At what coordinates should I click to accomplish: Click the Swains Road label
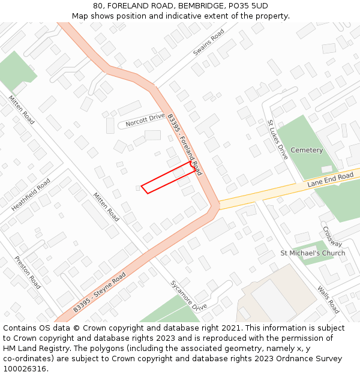click(209, 42)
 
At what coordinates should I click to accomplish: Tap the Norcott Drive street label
click(145, 120)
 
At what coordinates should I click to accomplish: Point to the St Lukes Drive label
click(278, 139)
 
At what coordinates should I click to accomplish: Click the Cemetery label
click(307, 150)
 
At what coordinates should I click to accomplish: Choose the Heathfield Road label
click(31, 194)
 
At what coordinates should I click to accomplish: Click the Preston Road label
click(27, 272)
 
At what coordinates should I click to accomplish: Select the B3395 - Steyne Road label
click(100, 292)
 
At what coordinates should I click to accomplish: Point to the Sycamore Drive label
click(188, 296)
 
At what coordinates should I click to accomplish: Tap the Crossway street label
click(332, 236)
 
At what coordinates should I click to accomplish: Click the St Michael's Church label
click(313, 253)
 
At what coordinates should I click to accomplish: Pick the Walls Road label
click(328, 299)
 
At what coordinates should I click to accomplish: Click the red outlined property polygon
click(168, 179)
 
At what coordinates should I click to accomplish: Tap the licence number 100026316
click(25, 369)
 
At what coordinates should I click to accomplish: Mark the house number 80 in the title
click(98, 6)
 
